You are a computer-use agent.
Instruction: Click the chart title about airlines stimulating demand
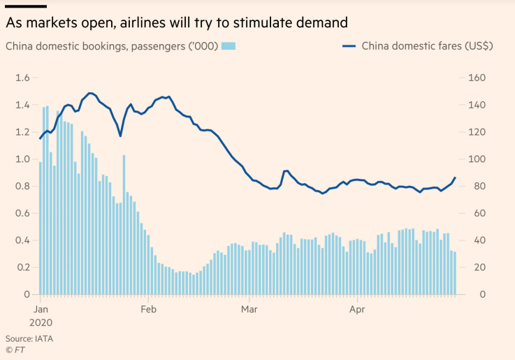[176, 23]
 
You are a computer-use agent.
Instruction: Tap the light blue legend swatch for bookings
[228, 46]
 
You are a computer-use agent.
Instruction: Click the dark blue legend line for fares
[349, 46]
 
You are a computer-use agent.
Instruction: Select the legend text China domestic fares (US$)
[427, 47]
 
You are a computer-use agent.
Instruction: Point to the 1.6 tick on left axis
[22, 78]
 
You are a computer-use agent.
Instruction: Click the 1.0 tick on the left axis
[22, 159]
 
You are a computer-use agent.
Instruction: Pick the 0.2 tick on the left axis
[22, 267]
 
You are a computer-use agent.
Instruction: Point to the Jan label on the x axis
[41, 308]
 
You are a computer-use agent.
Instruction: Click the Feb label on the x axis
[149, 308]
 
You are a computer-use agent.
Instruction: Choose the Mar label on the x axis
[250, 308]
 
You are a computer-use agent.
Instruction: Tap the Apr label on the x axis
[357, 308]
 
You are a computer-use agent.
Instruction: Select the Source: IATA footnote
[29, 338]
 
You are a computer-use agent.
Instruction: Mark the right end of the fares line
[455, 178]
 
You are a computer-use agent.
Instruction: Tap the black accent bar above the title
[26, 6]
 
